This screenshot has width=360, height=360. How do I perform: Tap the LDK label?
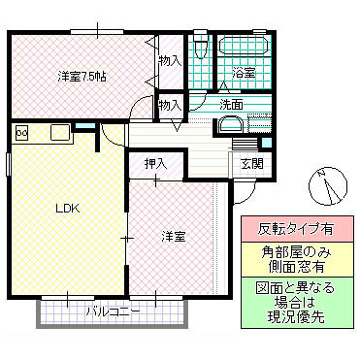point(67,209)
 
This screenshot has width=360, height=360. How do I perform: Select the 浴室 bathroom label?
point(244,73)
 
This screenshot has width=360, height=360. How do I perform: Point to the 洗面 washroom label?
point(231,104)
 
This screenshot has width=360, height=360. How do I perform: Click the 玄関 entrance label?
point(251,164)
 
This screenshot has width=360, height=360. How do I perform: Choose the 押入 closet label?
point(155,164)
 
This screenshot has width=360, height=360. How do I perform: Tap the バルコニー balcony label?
point(112,312)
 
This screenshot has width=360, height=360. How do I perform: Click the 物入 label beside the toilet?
point(170,61)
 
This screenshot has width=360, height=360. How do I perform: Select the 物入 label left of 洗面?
point(170,104)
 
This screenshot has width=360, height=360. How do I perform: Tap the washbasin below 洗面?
point(230,124)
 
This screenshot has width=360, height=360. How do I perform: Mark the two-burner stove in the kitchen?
point(21,133)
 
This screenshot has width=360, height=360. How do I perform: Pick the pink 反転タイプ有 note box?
point(296,230)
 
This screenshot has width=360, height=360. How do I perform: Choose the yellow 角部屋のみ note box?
point(296,260)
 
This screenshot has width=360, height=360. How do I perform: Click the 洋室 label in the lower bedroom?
point(174,236)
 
